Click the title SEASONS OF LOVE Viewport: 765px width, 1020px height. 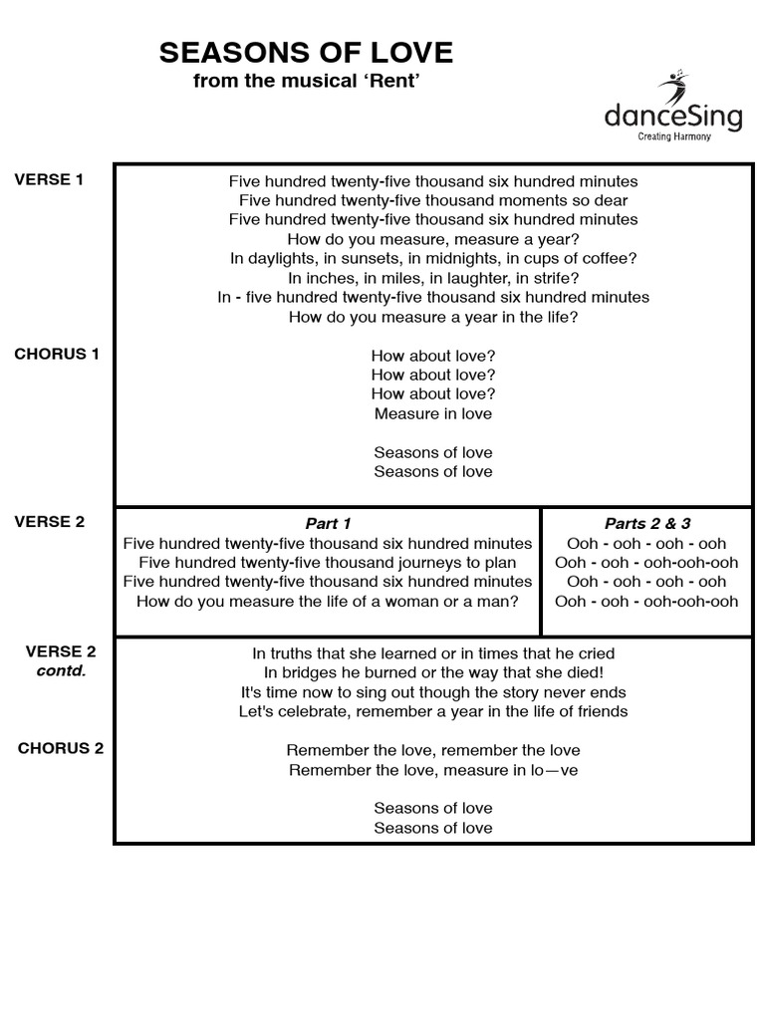(x=306, y=53)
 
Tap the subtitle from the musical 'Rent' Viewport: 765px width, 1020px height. (x=306, y=81)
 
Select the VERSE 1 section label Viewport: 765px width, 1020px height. (x=49, y=180)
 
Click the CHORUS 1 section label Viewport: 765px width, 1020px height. (x=57, y=354)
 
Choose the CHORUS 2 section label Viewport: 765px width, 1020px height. (x=61, y=749)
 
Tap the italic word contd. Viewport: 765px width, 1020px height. (x=61, y=670)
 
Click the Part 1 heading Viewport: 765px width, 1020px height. (x=328, y=524)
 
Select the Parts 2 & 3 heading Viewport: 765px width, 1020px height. (x=646, y=524)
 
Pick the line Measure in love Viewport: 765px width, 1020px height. (x=433, y=413)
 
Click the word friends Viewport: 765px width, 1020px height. (x=601, y=711)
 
